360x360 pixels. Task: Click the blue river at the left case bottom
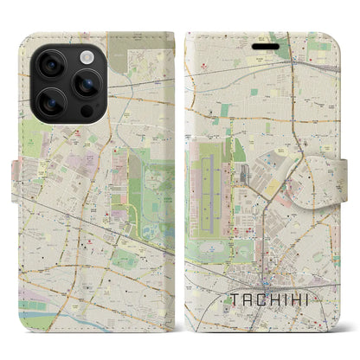coord(52,318)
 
